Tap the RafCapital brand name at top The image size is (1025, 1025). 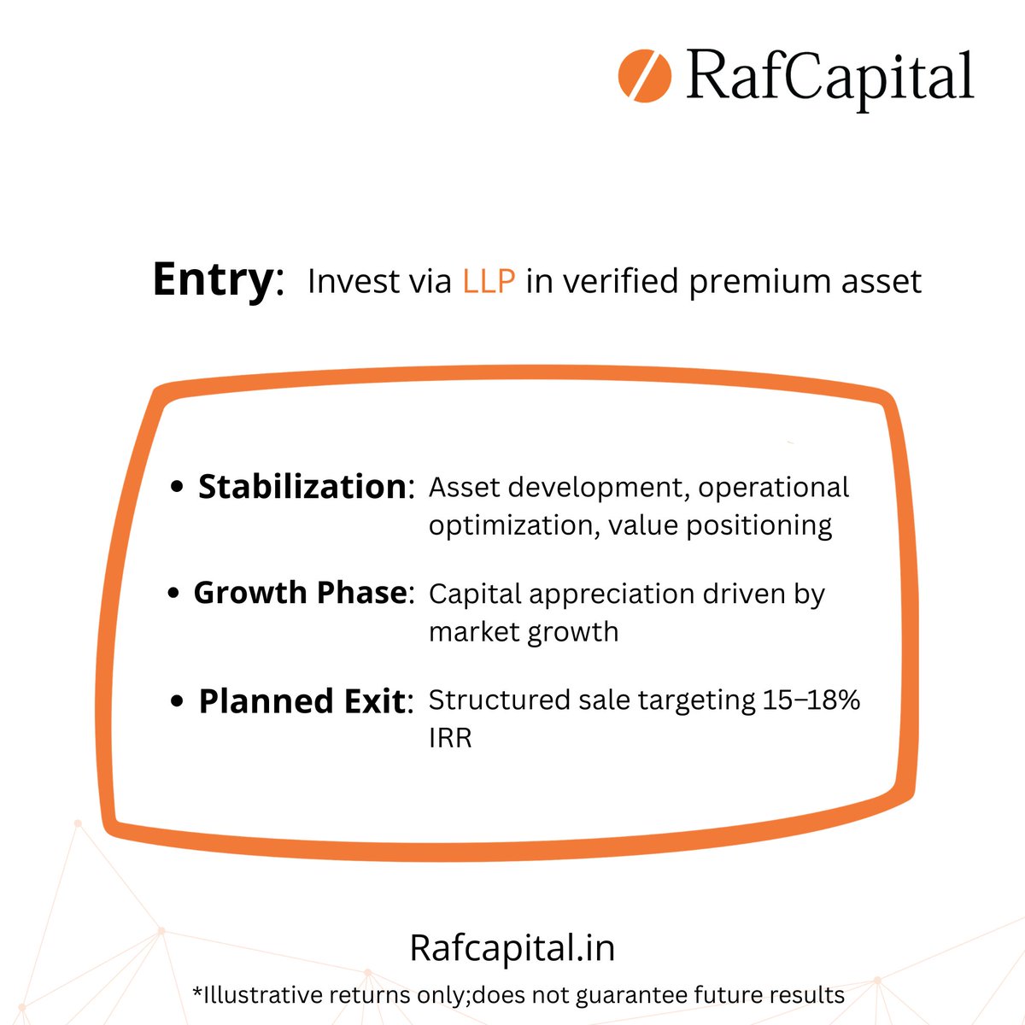click(x=829, y=77)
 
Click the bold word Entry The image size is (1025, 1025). click(x=213, y=279)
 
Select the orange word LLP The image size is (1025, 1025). click(x=489, y=281)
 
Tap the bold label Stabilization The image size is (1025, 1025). click(x=302, y=487)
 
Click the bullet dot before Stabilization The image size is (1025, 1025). click(x=177, y=487)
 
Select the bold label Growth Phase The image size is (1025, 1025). click(x=300, y=593)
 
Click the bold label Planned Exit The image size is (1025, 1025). click(x=302, y=701)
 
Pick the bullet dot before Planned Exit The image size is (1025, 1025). click(x=177, y=701)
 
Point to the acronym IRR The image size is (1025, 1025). click(x=450, y=738)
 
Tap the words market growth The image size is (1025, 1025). click(x=524, y=632)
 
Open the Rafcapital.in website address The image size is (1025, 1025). click(x=512, y=948)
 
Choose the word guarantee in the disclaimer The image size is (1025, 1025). click(x=626, y=995)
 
